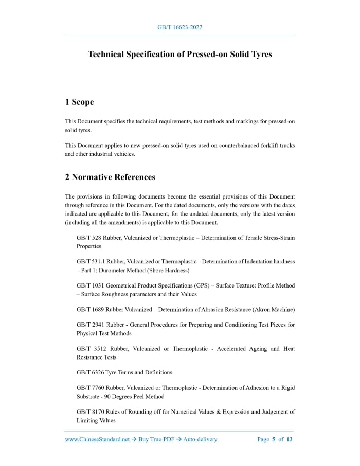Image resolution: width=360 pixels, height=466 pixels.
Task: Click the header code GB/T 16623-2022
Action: click(x=179, y=27)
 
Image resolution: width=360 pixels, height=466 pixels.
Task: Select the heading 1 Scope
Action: click(x=79, y=102)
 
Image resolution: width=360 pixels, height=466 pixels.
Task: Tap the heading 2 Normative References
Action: click(x=110, y=177)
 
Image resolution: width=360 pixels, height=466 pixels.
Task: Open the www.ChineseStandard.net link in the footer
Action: click(x=97, y=439)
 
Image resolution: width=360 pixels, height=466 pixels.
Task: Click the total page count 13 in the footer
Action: click(x=289, y=439)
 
